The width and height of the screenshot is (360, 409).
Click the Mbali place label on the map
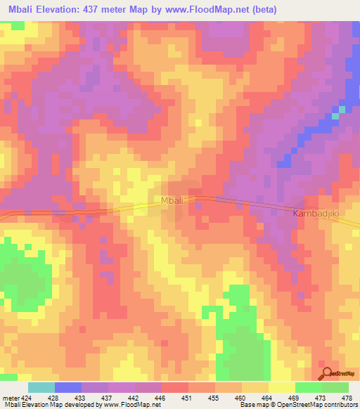click(172, 201)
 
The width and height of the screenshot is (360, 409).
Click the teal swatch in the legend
click(41, 387)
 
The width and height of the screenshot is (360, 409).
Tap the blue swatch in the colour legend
click(68, 387)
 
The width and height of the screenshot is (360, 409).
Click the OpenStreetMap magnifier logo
click(326, 374)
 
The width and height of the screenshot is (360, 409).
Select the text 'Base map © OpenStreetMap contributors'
click(297, 405)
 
